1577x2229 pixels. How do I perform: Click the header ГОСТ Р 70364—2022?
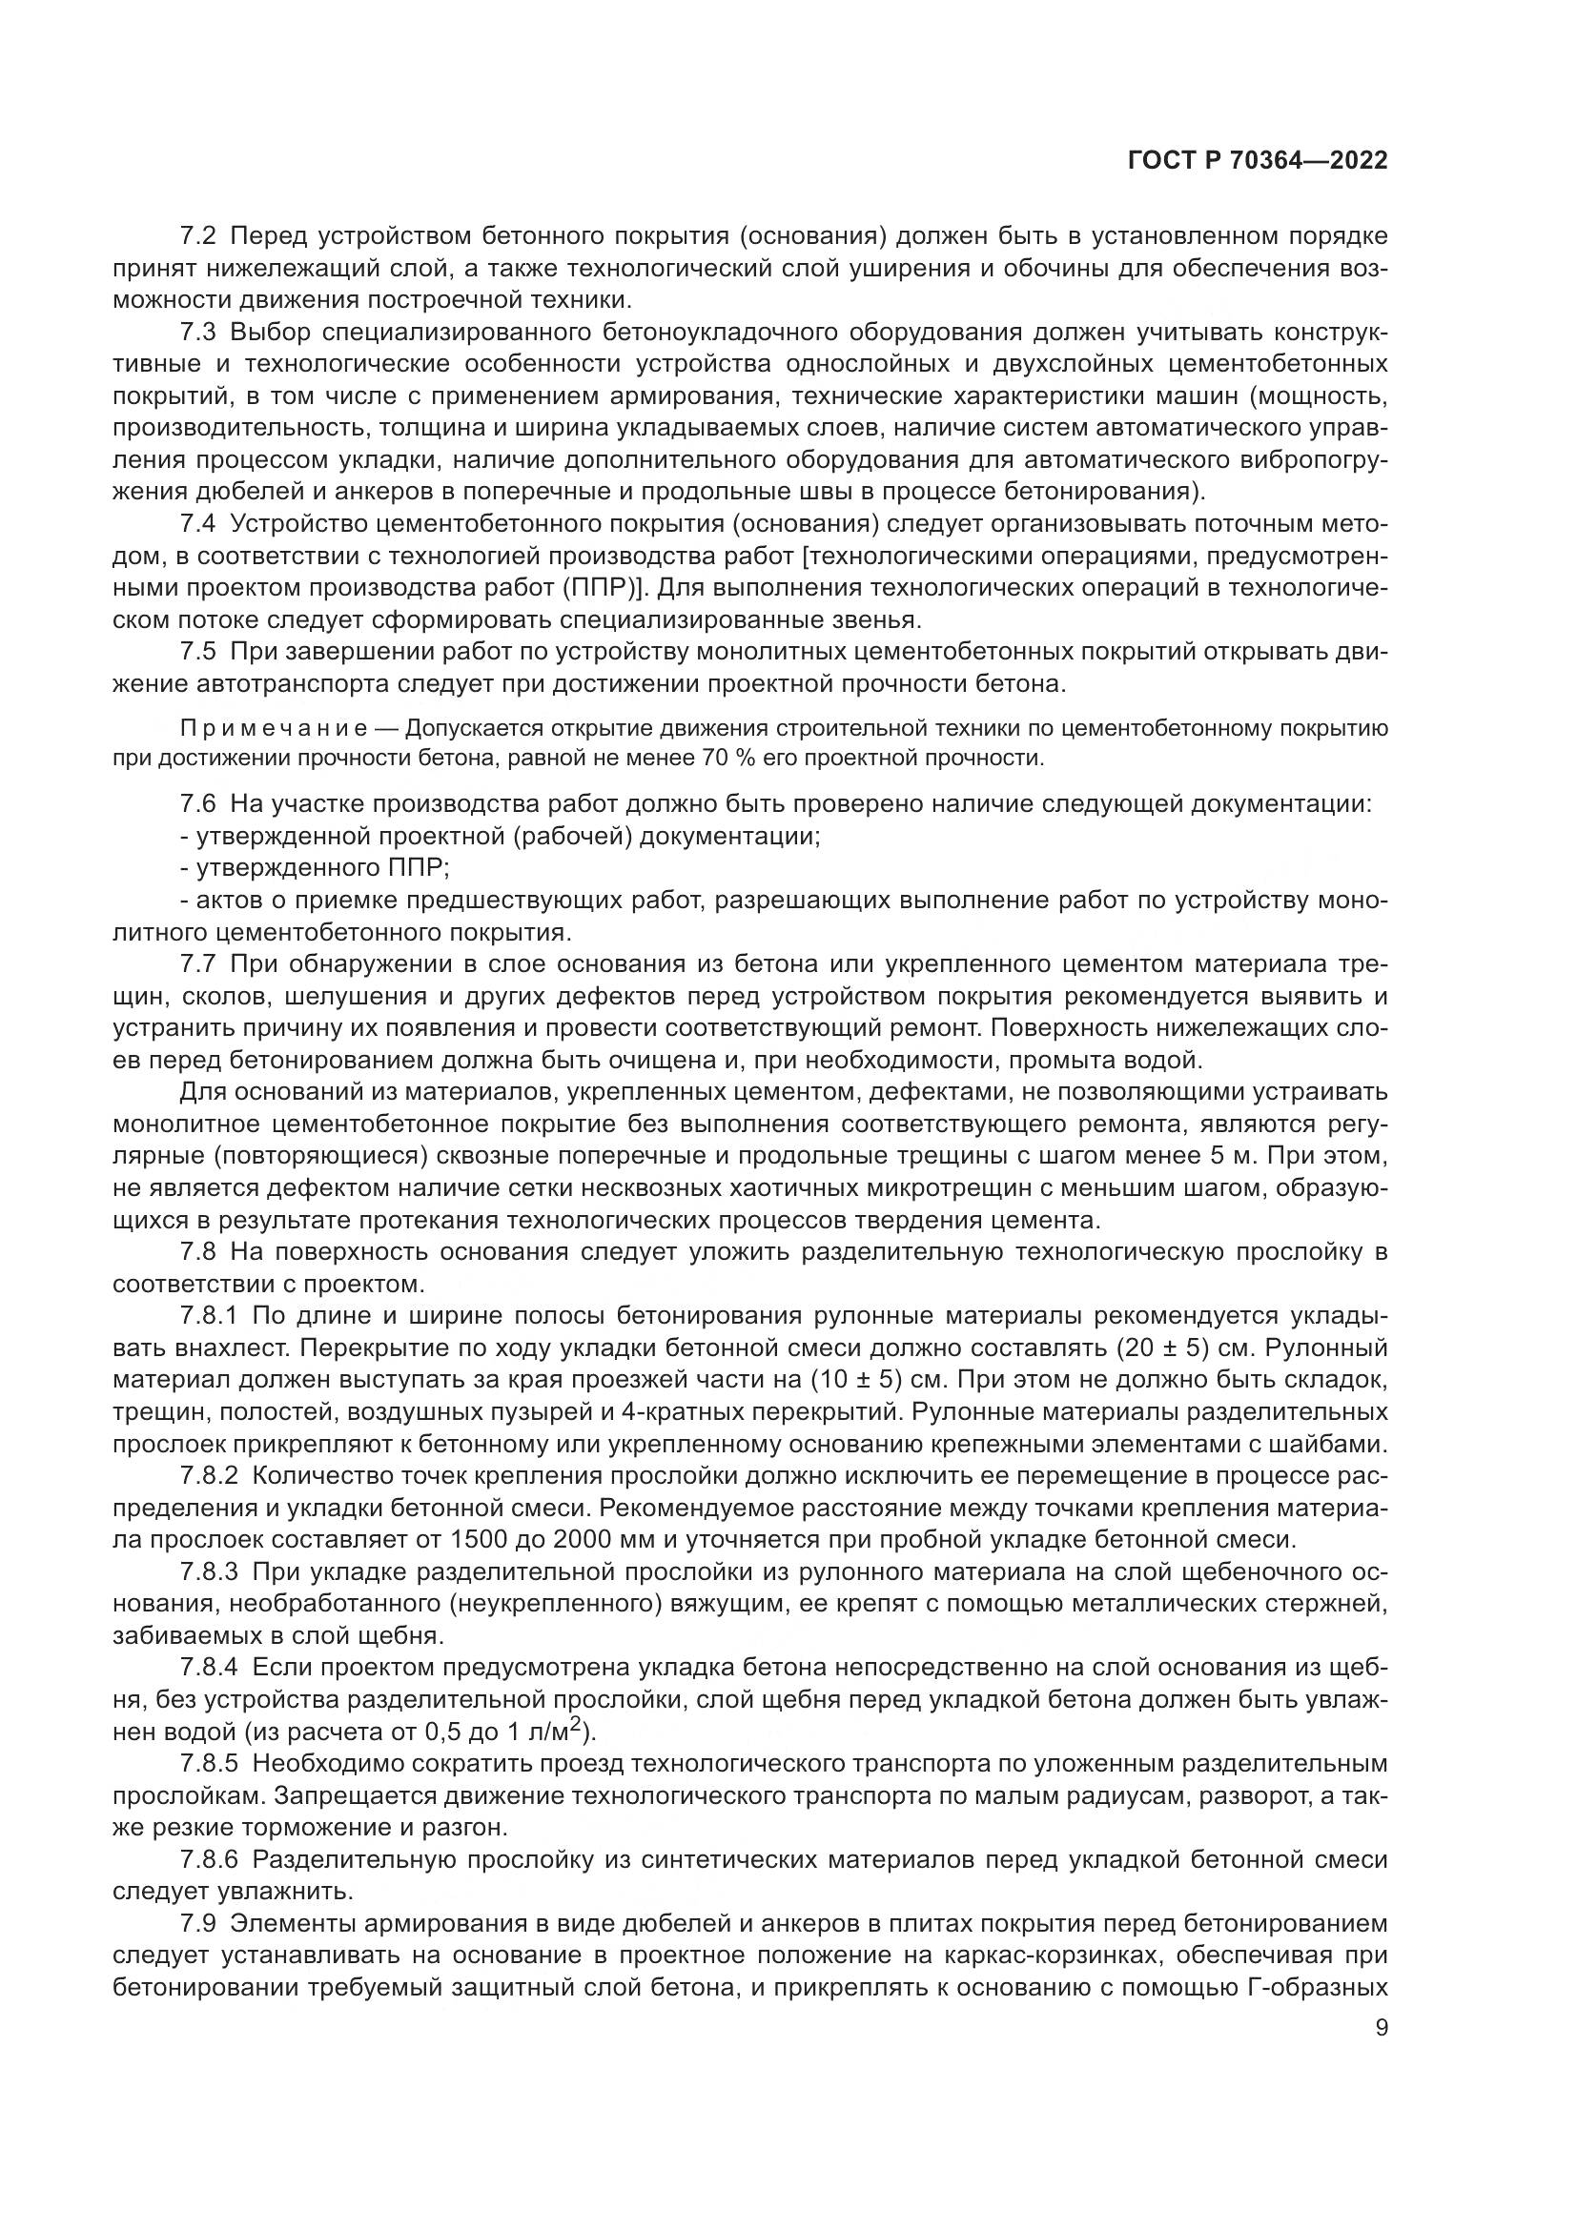coord(1258,161)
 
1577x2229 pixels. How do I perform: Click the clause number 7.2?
coord(199,236)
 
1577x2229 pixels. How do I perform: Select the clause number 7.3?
coord(199,332)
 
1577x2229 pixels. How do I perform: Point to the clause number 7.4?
coord(199,524)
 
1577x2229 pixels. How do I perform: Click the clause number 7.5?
coord(199,653)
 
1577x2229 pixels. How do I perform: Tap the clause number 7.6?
coord(199,804)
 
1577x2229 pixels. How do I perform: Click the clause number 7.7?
coord(199,964)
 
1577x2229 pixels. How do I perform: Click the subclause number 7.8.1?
coord(209,1316)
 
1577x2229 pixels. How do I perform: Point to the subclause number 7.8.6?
coord(209,1860)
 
